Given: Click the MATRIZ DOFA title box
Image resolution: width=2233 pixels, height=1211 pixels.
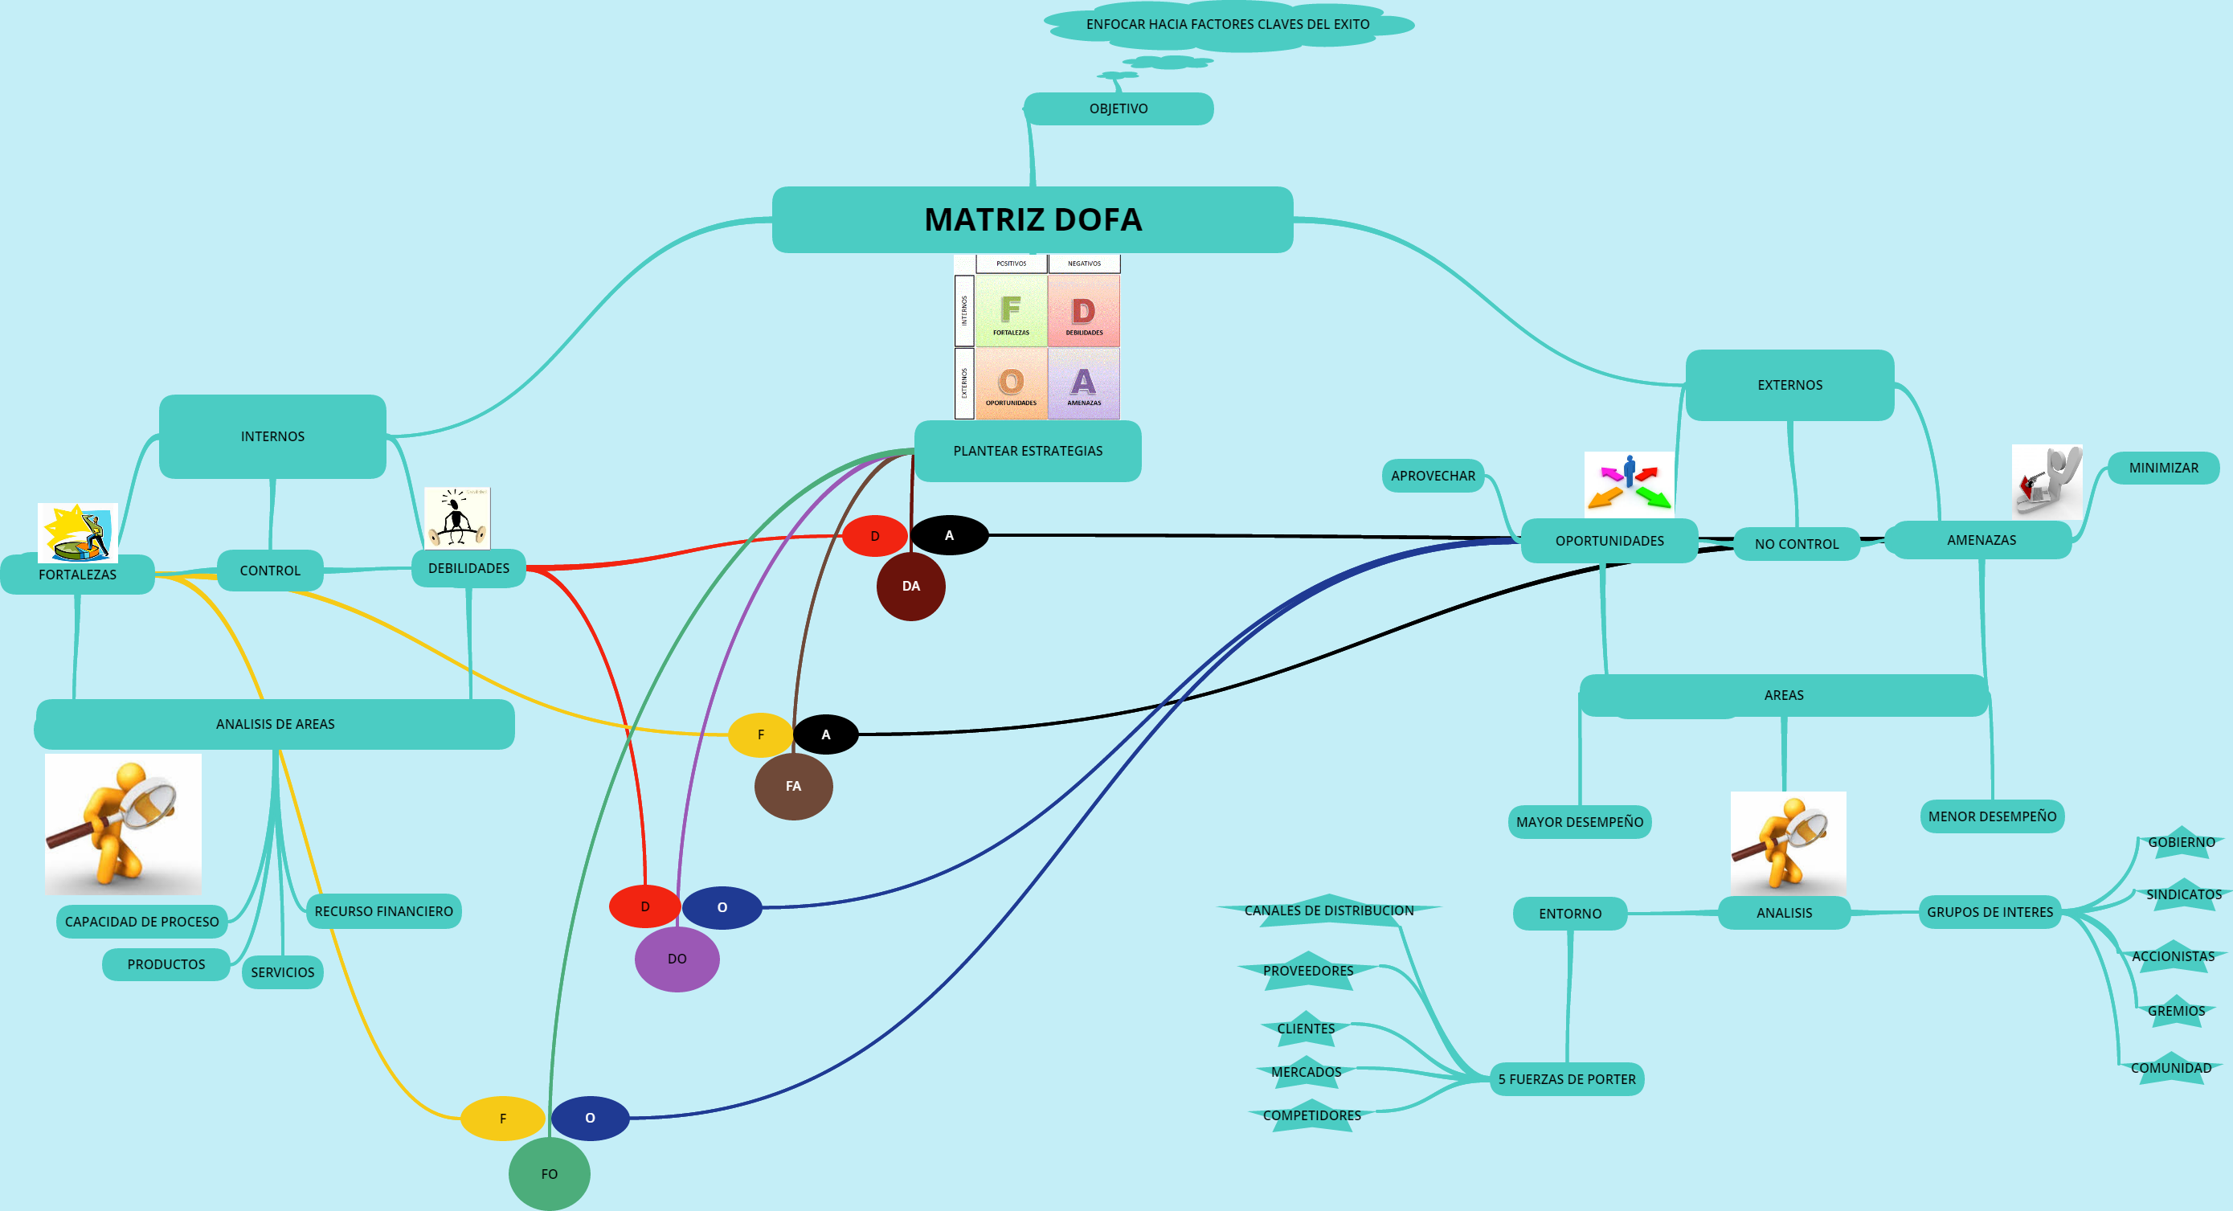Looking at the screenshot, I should click(x=1032, y=219).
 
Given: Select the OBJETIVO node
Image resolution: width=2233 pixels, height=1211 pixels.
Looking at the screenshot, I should click(x=1119, y=108).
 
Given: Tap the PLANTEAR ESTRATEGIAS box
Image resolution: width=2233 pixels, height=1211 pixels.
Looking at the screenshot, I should click(x=1027, y=451).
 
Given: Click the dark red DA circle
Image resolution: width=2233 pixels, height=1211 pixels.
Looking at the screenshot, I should click(x=910, y=586).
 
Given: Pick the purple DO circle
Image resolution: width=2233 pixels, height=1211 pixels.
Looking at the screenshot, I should click(x=677, y=959).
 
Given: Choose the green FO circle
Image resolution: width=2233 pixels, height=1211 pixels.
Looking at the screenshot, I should click(x=549, y=1174).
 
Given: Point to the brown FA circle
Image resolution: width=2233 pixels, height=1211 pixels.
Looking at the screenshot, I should click(x=793, y=786).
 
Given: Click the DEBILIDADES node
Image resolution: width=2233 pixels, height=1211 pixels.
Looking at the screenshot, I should click(x=468, y=568).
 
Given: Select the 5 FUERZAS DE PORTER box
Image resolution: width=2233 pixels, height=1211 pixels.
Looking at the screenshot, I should click(x=1566, y=1079).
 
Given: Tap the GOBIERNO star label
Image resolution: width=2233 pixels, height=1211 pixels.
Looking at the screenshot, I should click(x=2181, y=841).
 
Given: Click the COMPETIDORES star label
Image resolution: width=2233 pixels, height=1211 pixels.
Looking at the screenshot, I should click(x=1311, y=1115).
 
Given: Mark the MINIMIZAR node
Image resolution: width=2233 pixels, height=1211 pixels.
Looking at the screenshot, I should click(x=2163, y=467).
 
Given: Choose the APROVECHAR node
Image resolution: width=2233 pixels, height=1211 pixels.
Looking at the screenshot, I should click(x=1433, y=475).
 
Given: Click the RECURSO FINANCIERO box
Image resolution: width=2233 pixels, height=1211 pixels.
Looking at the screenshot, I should click(x=383, y=911).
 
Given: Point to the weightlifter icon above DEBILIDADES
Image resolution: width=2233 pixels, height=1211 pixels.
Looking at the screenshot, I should click(x=457, y=518).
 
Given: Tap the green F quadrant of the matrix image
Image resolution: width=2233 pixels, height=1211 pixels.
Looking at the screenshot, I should click(x=1011, y=310).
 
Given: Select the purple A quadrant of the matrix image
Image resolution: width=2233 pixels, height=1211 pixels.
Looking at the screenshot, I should click(x=1084, y=383).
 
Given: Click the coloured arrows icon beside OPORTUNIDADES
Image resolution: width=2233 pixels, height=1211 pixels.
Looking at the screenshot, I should click(x=1628, y=484).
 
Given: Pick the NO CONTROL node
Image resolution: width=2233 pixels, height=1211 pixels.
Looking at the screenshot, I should click(x=1796, y=543).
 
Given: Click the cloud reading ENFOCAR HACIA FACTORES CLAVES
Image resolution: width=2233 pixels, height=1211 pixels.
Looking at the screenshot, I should click(x=1228, y=24).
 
